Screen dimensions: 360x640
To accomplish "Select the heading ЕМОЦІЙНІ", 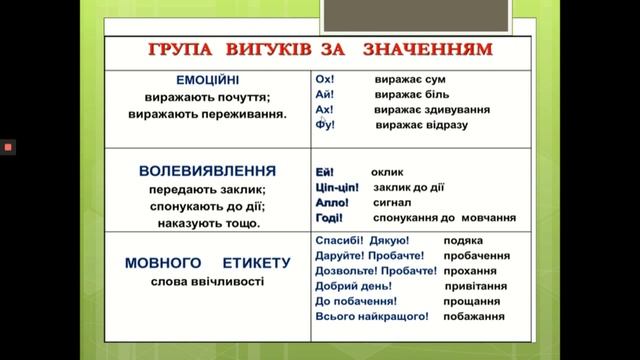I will coord(207,78).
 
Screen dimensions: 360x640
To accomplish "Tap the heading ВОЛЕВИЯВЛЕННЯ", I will coord(207,170).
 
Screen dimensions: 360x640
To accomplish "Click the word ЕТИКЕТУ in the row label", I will coord(250,263).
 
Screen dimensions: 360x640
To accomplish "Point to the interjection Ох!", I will coord(323,79).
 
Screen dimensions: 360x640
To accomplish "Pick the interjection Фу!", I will coord(324,124).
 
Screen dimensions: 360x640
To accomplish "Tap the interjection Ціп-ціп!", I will coord(337,187).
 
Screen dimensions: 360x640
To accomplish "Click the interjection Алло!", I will coord(331,202).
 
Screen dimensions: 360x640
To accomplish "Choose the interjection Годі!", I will coord(329,217).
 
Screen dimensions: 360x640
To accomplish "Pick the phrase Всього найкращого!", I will coord(371,315).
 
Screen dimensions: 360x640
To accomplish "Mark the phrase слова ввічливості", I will coord(207,282).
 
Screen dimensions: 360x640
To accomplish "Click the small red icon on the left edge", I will coord(8,147).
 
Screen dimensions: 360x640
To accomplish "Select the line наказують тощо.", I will coord(207,223).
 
